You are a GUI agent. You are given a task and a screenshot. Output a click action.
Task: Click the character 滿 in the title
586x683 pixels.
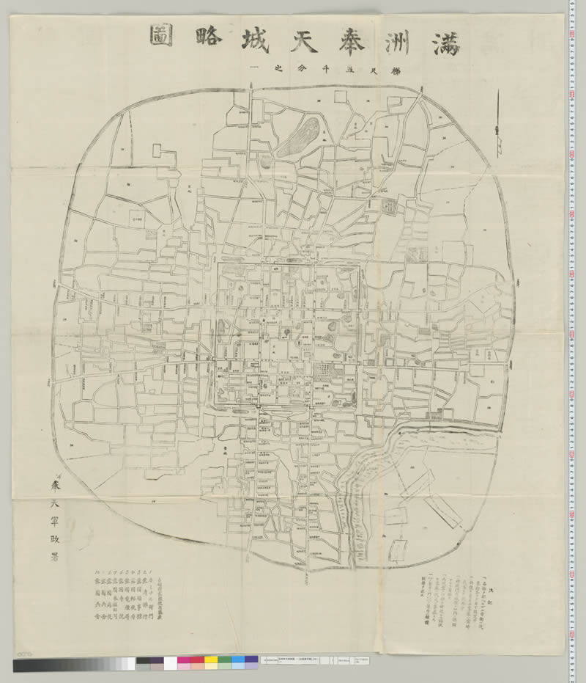click(x=443, y=40)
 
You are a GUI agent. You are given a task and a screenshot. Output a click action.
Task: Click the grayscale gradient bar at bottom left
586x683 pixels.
click(x=73, y=665)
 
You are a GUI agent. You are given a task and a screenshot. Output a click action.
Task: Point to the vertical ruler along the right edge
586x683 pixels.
click(x=576, y=330)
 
